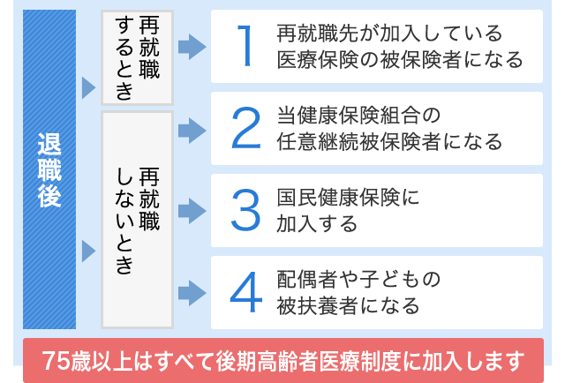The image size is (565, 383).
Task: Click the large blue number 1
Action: coord(245,46)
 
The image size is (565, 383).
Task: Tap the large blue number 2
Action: coord(245,128)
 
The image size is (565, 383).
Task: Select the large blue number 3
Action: coord(245,210)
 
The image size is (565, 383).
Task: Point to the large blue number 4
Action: coord(246,292)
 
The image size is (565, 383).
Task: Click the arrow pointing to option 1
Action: coord(192,47)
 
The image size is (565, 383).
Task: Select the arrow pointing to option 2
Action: coord(192,131)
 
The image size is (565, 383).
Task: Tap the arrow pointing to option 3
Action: coord(192,211)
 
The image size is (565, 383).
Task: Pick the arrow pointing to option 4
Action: coord(192,293)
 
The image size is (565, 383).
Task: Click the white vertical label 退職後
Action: coord(49,169)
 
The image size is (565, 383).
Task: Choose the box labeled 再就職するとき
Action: coord(138,57)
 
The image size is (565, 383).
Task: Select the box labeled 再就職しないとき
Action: coord(138,220)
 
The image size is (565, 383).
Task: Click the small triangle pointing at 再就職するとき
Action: coord(88,87)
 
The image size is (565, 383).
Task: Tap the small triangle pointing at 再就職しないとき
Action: coord(88,252)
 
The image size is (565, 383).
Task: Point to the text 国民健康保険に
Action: coord(348,198)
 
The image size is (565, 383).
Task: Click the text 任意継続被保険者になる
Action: coord(389,141)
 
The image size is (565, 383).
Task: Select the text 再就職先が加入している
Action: coord(389,34)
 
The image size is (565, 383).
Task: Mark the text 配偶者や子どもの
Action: coord(358,280)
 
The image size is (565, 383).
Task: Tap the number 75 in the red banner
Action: coord(56,361)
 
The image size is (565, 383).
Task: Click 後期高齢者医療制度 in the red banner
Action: coord(307,361)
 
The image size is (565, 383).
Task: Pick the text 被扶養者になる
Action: coord(348,306)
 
